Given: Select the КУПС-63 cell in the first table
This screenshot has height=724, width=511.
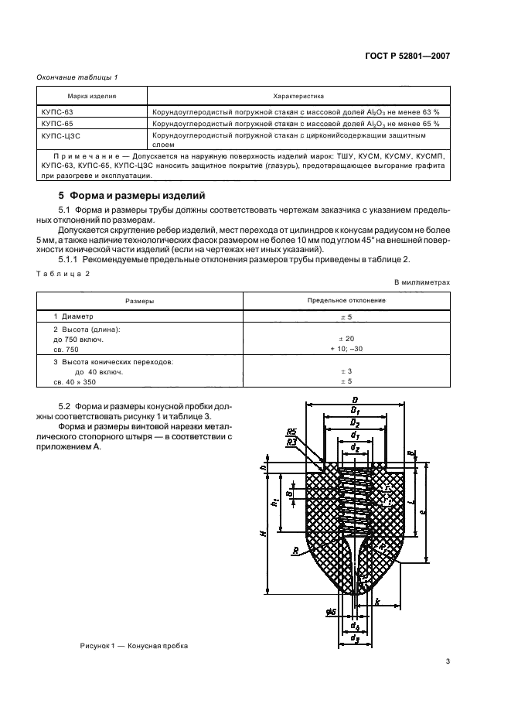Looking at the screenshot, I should coord(58,112).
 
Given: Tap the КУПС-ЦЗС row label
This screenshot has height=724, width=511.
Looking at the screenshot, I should coord(61,134).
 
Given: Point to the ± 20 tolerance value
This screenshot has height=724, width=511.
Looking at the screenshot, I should coord(346,339).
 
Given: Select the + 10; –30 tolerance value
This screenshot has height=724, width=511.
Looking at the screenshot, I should coord(346,350).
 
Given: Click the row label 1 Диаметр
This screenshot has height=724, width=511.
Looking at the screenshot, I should coord(73,316).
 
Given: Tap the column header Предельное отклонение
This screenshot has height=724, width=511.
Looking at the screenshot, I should coord(346,299).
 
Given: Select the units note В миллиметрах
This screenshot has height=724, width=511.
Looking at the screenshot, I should coord(422,283).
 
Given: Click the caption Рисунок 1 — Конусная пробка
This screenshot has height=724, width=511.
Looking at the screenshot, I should coord(134,646).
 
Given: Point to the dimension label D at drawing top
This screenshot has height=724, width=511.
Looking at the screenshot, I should coord(353,399).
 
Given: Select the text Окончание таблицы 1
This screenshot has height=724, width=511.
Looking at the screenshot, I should coord(77,77).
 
